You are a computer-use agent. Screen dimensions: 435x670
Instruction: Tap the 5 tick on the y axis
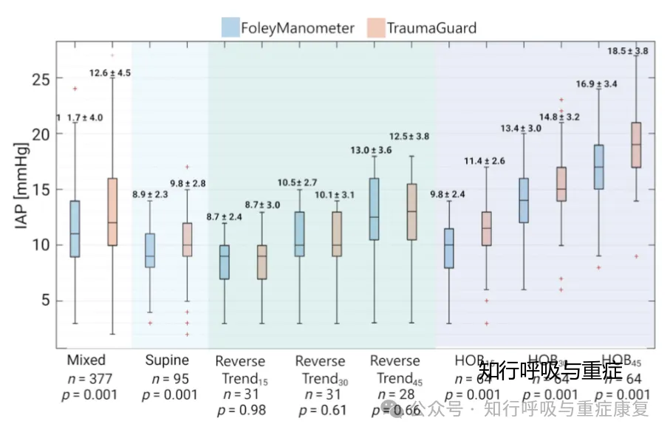click(x=46, y=301)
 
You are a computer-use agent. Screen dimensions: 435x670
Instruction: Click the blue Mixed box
click(x=75, y=228)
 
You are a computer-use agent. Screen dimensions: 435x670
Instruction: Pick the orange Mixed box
click(x=112, y=211)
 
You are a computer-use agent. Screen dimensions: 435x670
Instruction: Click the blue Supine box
click(x=150, y=250)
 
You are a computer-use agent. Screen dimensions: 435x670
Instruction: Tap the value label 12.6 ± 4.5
click(x=110, y=72)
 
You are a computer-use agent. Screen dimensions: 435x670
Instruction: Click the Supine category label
click(x=167, y=360)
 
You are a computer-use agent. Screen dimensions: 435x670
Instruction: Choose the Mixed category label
click(x=86, y=360)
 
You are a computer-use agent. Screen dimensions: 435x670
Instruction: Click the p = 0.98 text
click(x=241, y=410)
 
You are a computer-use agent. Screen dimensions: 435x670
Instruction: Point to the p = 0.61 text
click(x=320, y=410)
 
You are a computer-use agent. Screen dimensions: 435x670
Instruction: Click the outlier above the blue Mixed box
click(x=75, y=89)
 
